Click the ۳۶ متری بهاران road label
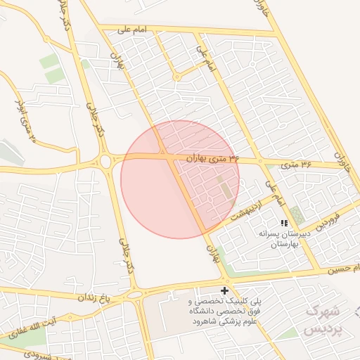[x=214, y=160]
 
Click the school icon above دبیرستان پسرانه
[x=284, y=222]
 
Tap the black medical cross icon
[x=224, y=290]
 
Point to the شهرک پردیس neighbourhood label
[x=322, y=320]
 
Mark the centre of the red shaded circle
[x=180, y=179]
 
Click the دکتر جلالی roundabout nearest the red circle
[x=105, y=162]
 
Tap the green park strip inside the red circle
[x=225, y=187]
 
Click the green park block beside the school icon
[x=298, y=214]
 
